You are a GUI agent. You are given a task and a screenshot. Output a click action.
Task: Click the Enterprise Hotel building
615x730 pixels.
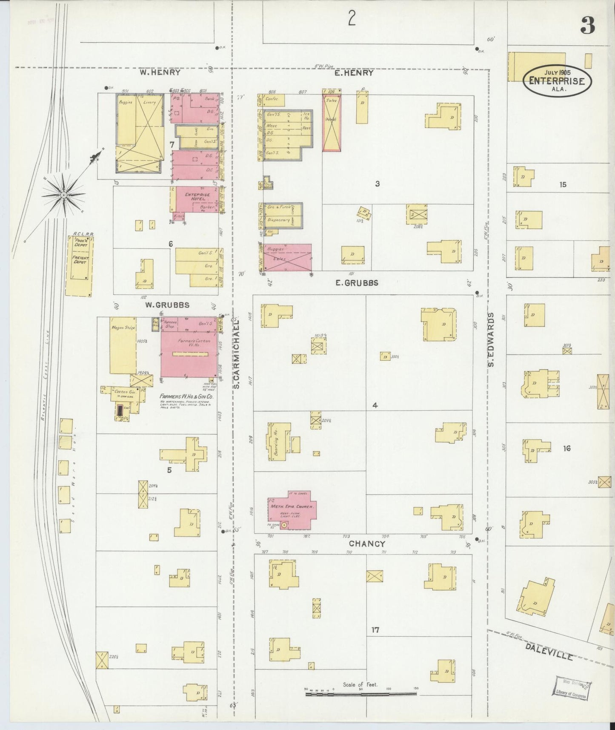tap(197, 198)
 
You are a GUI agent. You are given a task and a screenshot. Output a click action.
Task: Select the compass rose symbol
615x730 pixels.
tap(64, 195)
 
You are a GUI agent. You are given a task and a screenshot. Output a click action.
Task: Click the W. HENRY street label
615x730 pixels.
tap(160, 73)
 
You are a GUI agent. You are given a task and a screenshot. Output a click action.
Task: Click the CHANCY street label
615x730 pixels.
tap(367, 544)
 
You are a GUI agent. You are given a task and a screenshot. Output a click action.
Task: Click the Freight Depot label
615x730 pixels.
tap(80, 259)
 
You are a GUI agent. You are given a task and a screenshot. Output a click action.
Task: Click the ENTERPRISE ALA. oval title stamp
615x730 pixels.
tap(557, 80)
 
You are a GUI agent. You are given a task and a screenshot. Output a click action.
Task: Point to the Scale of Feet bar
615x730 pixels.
tap(361, 695)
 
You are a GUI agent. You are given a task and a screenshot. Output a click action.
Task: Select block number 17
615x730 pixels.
tap(375, 630)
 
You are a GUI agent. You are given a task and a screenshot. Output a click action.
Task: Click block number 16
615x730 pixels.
tap(566, 448)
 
